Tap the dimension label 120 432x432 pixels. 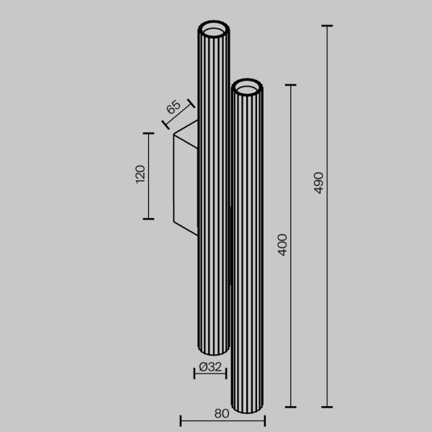pyautogui.click(x=140, y=175)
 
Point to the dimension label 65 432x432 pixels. pyautogui.click(x=173, y=109)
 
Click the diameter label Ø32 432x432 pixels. pyautogui.click(x=210, y=366)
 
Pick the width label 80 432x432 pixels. pyautogui.click(x=222, y=413)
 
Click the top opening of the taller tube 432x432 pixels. pyautogui.click(x=214, y=31)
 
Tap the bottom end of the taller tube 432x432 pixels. pyautogui.click(x=213, y=352)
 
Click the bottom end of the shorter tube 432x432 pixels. pyautogui.click(x=247, y=413)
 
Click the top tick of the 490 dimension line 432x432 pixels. pyautogui.click(x=328, y=26)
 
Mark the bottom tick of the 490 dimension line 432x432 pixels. pyautogui.click(x=328, y=407)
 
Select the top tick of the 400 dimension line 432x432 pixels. pyautogui.click(x=291, y=85)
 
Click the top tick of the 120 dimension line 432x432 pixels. pyautogui.click(x=148, y=133)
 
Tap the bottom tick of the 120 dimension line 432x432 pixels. pyautogui.click(x=148, y=218)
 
